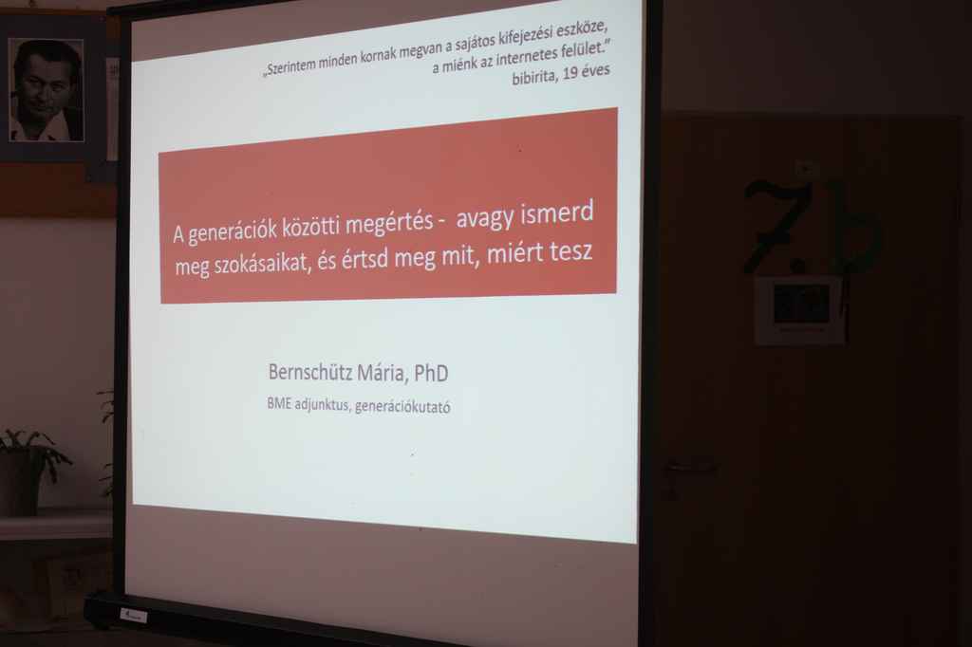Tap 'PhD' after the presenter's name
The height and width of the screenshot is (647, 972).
(431, 373)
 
